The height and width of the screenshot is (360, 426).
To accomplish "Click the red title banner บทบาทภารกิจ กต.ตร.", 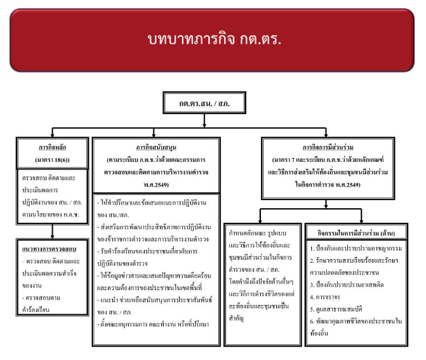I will pos(213,39).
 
